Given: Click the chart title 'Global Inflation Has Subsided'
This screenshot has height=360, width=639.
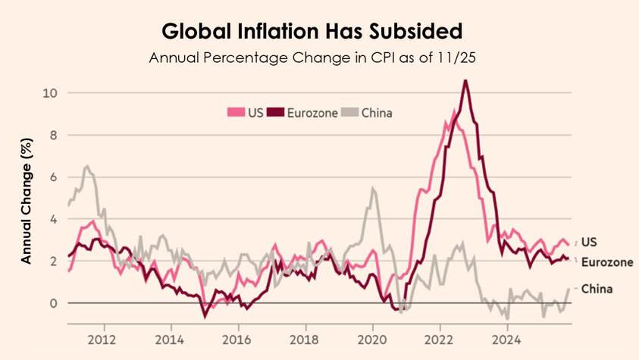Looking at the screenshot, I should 312,33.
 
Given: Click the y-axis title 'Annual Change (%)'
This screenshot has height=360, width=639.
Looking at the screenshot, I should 27,201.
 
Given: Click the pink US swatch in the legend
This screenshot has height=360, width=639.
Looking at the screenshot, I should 233,113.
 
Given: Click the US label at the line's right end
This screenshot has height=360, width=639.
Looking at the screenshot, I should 590,242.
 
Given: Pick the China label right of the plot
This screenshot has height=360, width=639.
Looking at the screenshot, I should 597,289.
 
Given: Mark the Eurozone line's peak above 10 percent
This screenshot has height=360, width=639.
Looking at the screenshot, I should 465,80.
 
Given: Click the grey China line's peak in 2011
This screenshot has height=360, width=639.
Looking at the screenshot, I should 87,166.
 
